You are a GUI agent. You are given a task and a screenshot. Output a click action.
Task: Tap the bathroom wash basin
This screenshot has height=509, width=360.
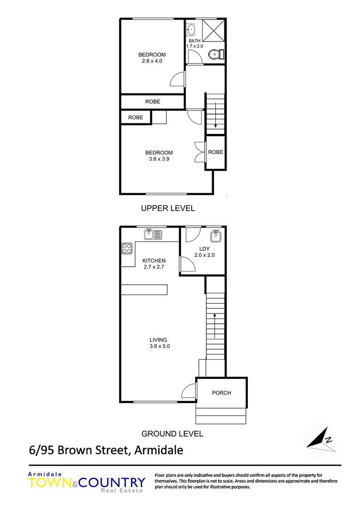point(191,30)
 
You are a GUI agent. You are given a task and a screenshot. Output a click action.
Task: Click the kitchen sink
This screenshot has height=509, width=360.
point(153,233)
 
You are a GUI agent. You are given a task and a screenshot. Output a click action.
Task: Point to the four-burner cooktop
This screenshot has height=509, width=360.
point(127,248)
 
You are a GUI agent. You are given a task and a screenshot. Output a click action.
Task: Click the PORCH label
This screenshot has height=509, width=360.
point(221,393)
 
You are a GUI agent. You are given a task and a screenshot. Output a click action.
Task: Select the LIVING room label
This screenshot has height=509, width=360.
point(158,340)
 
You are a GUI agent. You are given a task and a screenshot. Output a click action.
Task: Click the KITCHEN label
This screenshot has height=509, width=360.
point(154,261)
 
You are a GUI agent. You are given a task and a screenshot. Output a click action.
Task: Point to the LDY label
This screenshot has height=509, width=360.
point(205,248)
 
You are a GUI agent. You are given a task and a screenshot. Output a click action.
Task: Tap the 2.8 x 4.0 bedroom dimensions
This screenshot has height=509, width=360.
point(152,61)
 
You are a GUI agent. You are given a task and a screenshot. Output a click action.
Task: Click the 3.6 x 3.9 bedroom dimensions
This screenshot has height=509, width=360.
point(159,159)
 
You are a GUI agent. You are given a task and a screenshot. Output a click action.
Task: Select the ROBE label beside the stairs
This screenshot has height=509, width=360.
point(215,152)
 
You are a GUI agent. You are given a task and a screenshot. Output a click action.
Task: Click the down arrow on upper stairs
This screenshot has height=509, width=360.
point(215,118)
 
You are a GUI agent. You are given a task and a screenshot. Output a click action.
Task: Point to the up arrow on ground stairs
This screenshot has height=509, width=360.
point(215,325)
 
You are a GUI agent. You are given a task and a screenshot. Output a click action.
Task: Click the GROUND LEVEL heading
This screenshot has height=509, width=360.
point(172,434)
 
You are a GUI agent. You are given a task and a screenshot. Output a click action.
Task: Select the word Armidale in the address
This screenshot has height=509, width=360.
point(158,450)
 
